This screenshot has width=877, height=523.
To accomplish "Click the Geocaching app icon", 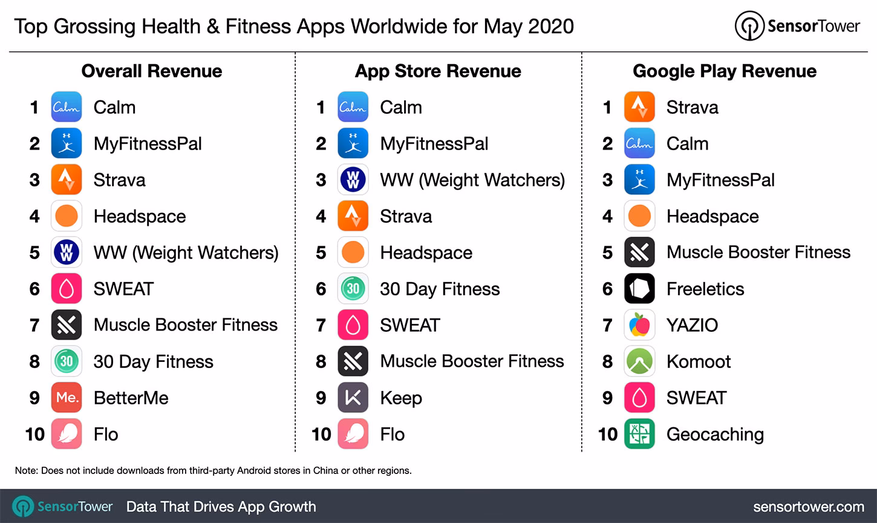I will (639, 434).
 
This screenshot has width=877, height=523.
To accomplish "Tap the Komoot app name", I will (699, 361).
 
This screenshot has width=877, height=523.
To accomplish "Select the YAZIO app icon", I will (639, 325).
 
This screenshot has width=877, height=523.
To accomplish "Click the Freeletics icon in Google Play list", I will (639, 289).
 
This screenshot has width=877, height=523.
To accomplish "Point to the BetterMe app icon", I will (67, 398).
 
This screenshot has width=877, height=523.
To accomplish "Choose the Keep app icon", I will (353, 398).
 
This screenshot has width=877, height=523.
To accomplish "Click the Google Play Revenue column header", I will (725, 71).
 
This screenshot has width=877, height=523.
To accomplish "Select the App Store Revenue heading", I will (438, 71).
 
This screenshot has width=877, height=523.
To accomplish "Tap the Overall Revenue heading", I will (152, 71).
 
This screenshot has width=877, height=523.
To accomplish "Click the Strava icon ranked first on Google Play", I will (639, 107).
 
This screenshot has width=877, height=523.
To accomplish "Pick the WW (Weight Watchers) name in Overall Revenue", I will (186, 252).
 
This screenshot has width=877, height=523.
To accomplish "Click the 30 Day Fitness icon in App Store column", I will (353, 289).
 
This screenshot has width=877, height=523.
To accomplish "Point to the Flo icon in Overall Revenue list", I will (67, 434).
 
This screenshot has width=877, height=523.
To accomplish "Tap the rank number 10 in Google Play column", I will (608, 434).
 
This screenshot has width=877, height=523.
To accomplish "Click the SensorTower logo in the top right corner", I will (797, 26).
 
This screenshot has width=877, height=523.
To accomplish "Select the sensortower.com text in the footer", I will (809, 507).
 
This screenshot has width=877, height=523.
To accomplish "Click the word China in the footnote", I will (325, 470).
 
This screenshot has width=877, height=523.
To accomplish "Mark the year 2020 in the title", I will (550, 26).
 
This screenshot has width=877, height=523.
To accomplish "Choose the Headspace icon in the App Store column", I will (353, 252).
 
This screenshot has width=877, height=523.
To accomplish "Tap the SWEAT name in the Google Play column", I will (696, 398).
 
